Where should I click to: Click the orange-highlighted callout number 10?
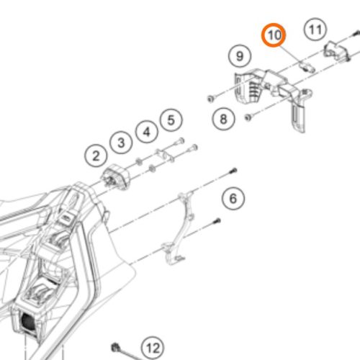click(x=274, y=35)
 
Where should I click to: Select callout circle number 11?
click(x=315, y=30)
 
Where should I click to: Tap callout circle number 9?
click(x=240, y=56)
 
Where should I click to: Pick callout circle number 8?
click(x=223, y=119)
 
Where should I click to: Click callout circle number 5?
click(x=171, y=120)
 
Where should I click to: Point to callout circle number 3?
click(x=121, y=143)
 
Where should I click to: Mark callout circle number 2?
click(x=96, y=156)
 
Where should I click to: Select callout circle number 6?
click(x=233, y=199)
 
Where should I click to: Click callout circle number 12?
click(x=153, y=348)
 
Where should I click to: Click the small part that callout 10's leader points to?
click(x=307, y=66)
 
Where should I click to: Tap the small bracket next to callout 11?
click(x=336, y=50)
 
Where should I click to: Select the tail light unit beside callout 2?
click(x=116, y=177)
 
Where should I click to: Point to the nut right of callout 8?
click(x=248, y=117)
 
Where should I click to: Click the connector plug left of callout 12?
click(x=116, y=348)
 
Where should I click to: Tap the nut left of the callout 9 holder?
click(x=211, y=98)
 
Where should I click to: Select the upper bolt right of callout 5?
click(x=180, y=141)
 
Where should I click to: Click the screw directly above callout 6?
click(x=233, y=171)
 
